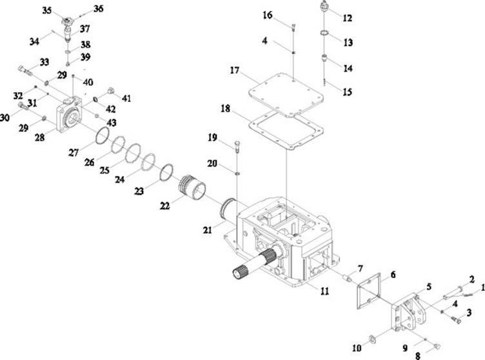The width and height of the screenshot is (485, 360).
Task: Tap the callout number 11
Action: tap(324, 291)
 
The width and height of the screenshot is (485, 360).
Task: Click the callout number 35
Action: tap(46, 10)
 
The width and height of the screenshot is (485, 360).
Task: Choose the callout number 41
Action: tap(126, 98)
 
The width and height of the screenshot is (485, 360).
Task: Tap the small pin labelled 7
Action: tap(347, 278)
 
